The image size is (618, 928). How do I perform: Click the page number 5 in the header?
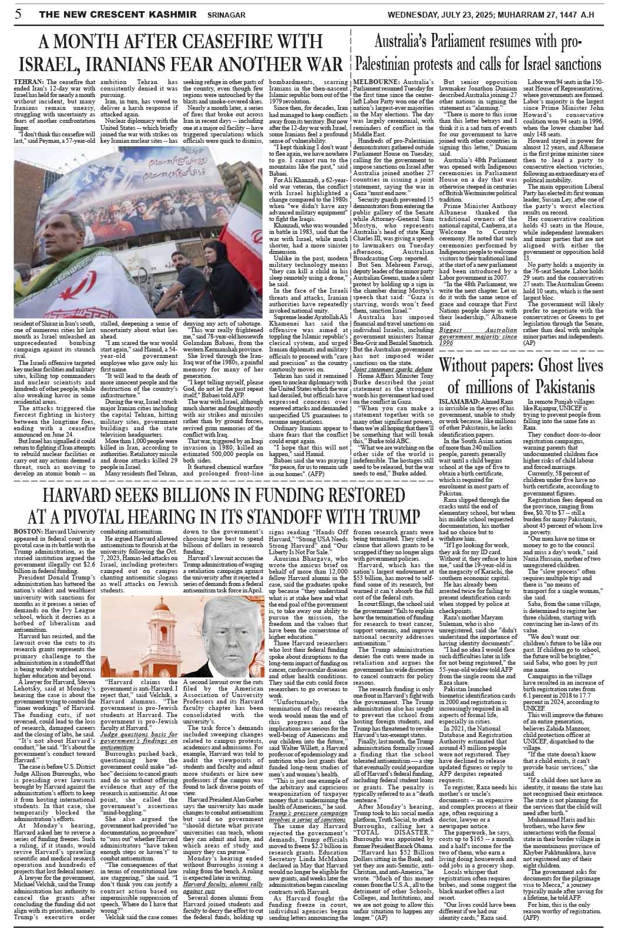[x=18, y=14]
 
